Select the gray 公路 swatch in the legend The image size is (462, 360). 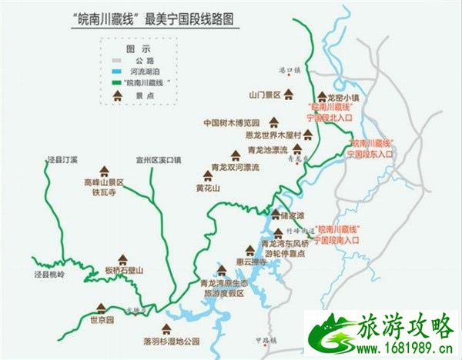(119, 58)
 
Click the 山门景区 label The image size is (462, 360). (263, 96)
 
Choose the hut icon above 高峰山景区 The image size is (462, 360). (103, 172)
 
